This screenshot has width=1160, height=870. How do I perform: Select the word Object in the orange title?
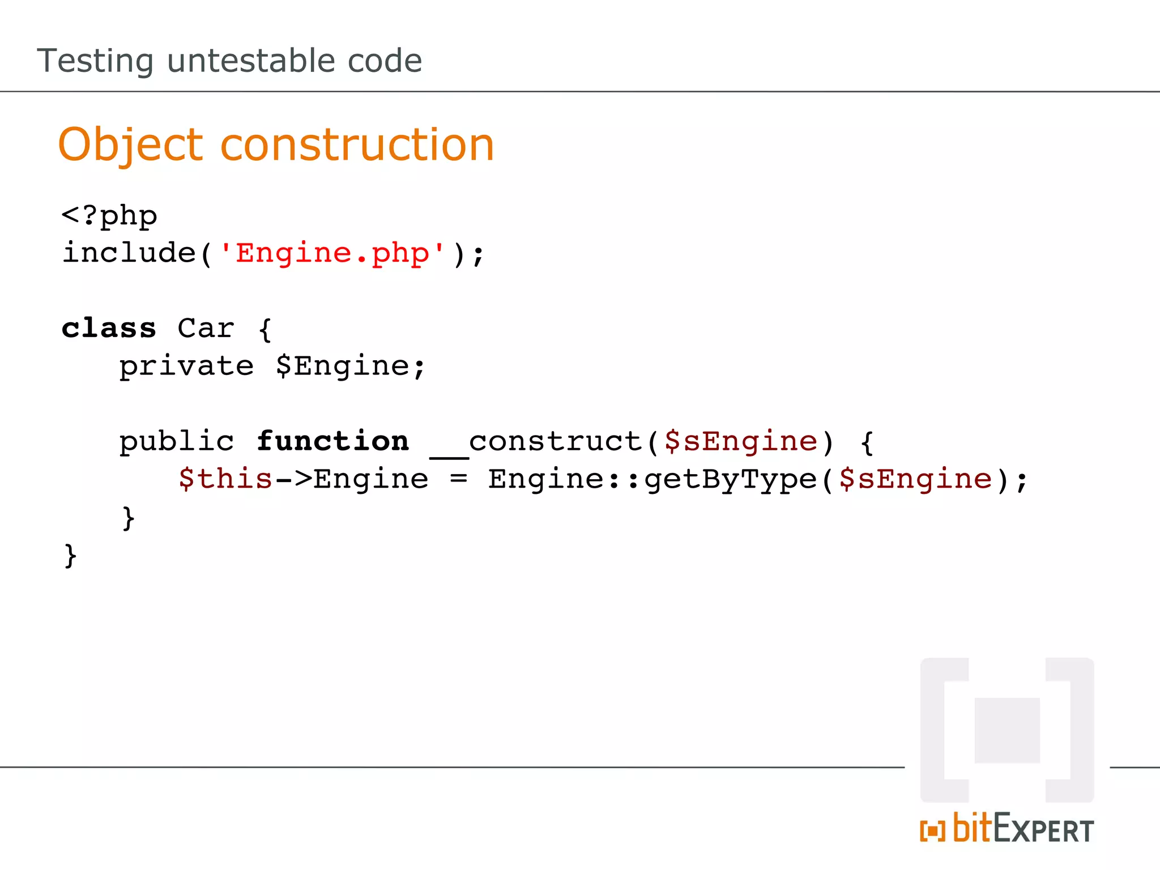click(x=130, y=145)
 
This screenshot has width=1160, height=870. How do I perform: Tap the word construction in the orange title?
click(x=357, y=145)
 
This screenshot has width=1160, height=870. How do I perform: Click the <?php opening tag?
click(x=109, y=216)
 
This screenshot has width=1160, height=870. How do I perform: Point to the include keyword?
click(x=129, y=253)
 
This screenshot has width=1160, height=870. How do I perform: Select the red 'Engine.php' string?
click(x=332, y=253)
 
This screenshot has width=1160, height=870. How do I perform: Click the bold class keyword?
click(x=109, y=329)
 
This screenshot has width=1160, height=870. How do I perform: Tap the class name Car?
click(x=206, y=329)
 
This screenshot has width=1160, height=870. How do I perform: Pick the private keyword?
click(x=186, y=366)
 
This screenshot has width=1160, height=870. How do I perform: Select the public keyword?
click(x=176, y=441)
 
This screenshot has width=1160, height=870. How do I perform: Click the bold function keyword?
click(x=332, y=441)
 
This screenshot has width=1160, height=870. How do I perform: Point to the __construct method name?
click(x=535, y=442)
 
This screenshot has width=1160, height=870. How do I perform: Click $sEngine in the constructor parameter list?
click(x=741, y=441)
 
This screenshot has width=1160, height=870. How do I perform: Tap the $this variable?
click(x=225, y=479)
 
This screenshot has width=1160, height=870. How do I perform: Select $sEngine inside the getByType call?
click(x=915, y=479)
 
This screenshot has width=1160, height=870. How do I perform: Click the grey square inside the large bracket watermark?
click(x=1007, y=730)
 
